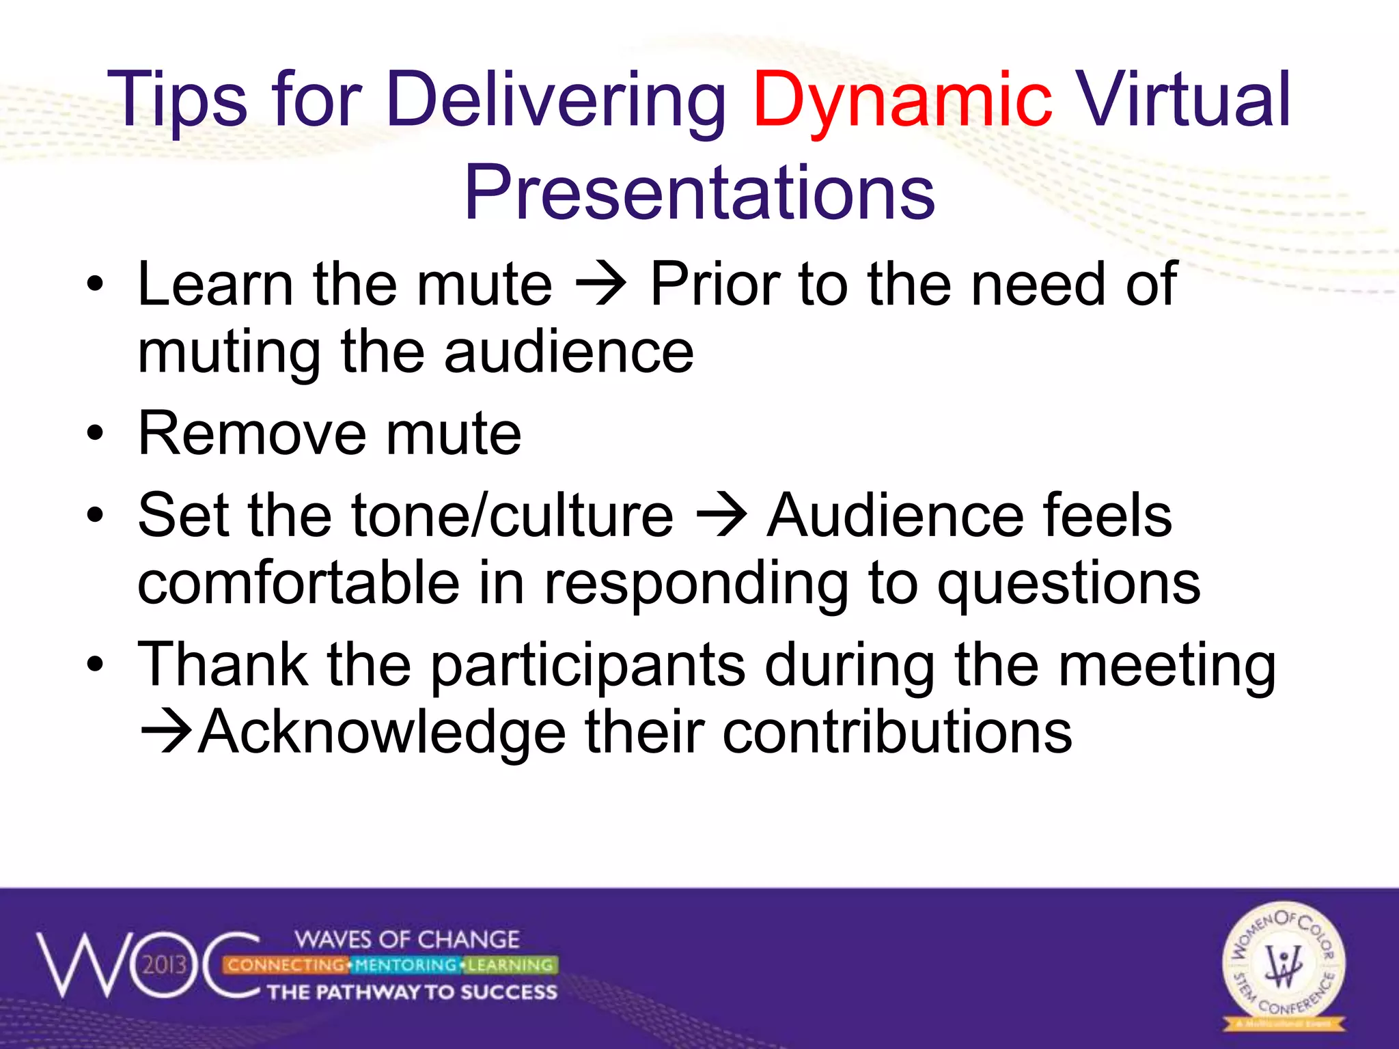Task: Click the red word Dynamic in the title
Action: click(x=902, y=101)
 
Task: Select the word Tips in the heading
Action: click(x=179, y=101)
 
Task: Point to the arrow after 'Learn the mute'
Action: click(x=601, y=285)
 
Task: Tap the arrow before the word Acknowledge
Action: click(x=166, y=733)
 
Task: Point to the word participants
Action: click(x=587, y=665)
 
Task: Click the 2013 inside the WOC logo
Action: click(x=164, y=964)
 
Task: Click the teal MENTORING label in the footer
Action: click(x=406, y=965)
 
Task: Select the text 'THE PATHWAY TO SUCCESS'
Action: click(x=412, y=992)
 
